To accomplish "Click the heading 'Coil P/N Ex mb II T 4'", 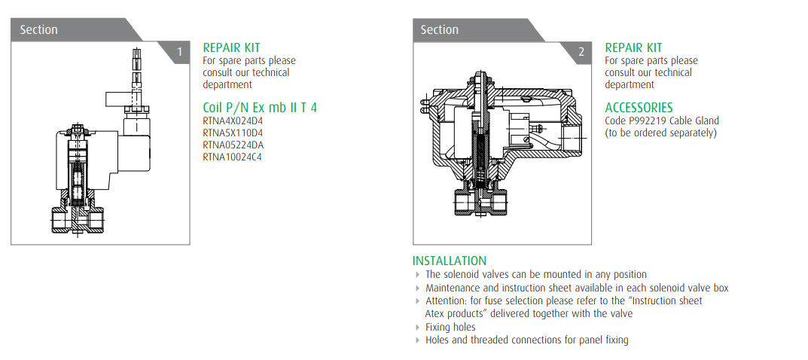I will click(x=260, y=107).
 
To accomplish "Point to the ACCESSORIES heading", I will click(x=639, y=108).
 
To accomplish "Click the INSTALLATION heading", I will click(x=449, y=261).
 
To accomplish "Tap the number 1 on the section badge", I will click(x=179, y=52).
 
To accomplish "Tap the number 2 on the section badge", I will click(x=581, y=52).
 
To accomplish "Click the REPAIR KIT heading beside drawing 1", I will click(x=231, y=47).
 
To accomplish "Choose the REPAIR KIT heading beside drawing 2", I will click(x=633, y=47).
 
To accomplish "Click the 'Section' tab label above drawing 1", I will click(x=38, y=29).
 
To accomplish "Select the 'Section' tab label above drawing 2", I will click(x=440, y=29).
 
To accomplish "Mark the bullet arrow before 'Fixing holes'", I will click(x=418, y=328).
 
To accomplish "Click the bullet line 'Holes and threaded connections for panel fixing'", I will click(x=526, y=340).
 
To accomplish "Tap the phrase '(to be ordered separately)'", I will click(x=661, y=133).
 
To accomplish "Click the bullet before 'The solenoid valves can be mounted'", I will click(x=418, y=275).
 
